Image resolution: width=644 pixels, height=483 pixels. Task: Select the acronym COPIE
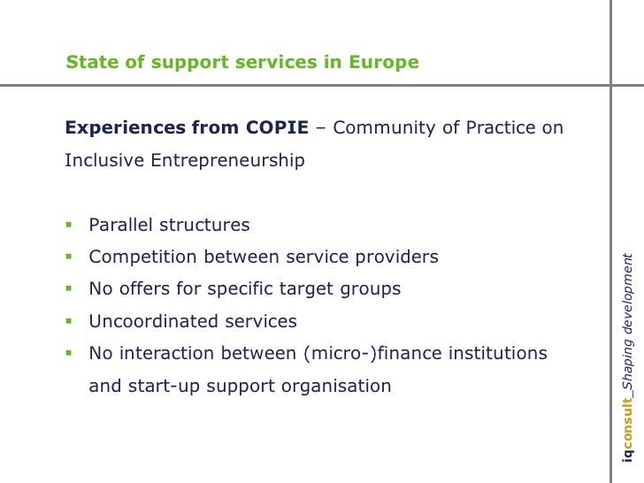(x=275, y=127)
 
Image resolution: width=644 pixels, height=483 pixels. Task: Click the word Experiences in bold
(x=126, y=127)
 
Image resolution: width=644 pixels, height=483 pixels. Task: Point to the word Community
(x=385, y=127)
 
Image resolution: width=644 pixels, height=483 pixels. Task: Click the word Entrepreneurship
(x=231, y=160)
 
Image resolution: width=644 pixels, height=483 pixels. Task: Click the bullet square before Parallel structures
(x=68, y=225)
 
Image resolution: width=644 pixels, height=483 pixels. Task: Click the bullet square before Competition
(x=68, y=257)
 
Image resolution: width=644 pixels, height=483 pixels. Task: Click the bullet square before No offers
(x=68, y=288)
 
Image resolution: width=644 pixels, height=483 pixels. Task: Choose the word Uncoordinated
(x=148, y=321)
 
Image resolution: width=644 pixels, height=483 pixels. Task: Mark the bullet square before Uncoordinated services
(x=68, y=320)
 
